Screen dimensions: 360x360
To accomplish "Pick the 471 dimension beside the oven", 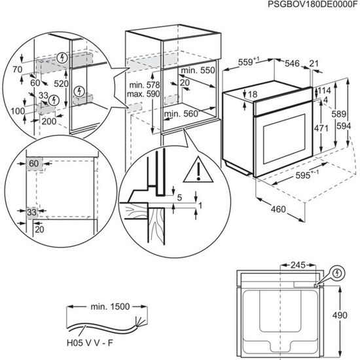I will point(321,128).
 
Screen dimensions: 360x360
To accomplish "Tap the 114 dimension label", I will point(324,90).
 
